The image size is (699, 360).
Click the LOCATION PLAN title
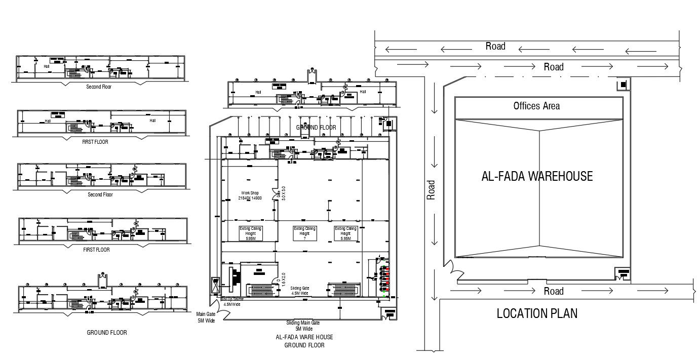[537, 313]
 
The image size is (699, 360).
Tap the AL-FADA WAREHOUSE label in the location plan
[536, 176]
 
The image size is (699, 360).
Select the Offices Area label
[536, 106]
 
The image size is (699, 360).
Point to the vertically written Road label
[431, 190]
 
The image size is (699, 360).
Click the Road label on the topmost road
[495, 46]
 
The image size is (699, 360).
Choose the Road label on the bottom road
[553, 291]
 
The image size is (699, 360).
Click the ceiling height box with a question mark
[304, 233]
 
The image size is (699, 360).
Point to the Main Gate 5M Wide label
[206, 317]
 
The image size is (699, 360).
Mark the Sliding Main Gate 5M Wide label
[303, 325]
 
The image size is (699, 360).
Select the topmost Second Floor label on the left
[99, 87]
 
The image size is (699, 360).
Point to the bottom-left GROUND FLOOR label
[107, 333]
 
